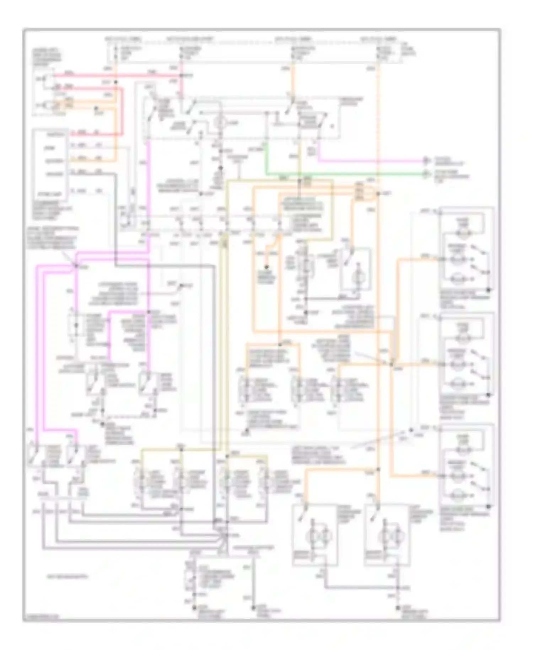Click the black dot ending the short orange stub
pyautogui.click(x=266, y=267)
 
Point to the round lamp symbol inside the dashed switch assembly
pyautogui.click(x=220, y=123)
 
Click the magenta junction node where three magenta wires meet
pyautogui.click(x=76, y=266)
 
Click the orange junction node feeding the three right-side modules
pyautogui.click(x=391, y=364)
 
